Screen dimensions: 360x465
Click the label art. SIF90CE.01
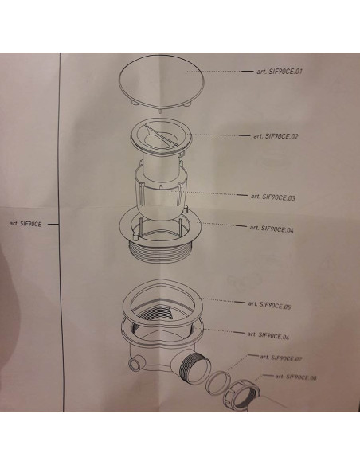pos(280,72)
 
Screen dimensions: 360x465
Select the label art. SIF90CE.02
pos(276,136)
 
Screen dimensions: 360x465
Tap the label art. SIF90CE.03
pos(273,197)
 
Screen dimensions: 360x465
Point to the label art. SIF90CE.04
pos(272,229)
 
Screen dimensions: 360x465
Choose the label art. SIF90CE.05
pos(269,305)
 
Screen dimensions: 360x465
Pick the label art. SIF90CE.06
pos(268,335)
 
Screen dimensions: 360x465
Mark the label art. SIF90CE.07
pos(281,358)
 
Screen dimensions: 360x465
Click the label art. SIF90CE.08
pos(295,377)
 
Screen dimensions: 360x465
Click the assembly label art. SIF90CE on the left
pos(25,224)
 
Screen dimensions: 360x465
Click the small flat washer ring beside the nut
pos(218,382)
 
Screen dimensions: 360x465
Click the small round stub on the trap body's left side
pos(135,364)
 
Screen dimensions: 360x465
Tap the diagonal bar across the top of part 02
pos(162,135)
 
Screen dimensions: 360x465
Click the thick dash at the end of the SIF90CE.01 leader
pos(248,71)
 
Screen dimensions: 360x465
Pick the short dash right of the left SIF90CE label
pos(53,225)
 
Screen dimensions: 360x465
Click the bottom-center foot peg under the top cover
pos(160,111)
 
